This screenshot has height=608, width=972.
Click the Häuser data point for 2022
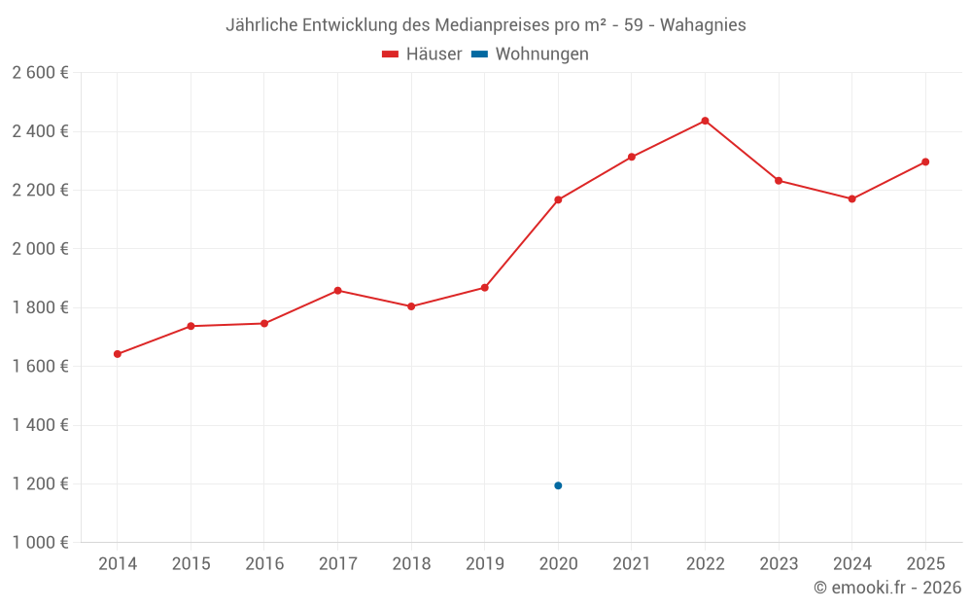tap(705, 121)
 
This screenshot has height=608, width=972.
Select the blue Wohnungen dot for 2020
tap(558, 485)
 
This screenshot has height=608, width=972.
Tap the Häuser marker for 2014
tap(118, 354)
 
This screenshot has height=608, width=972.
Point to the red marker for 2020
tap(558, 200)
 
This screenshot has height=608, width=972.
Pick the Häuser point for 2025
tap(925, 162)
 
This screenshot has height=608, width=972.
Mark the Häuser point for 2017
tap(337, 291)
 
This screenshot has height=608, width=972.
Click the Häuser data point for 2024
tap(851, 199)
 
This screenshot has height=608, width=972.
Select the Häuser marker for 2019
tap(484, 288)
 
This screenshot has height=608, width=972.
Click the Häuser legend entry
tap(423, 54)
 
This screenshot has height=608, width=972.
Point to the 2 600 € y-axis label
tap(40, 73)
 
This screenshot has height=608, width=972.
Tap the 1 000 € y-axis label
tap(40, 543)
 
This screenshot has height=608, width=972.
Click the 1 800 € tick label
tap(40, 307)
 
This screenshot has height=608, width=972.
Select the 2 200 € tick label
tap(40, 191)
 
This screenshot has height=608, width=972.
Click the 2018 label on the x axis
tap(411, 564)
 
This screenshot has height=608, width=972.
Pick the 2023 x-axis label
tap(779, 564)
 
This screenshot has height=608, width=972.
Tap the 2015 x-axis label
tap(191, 564)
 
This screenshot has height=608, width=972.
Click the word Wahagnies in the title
tap(703, 25)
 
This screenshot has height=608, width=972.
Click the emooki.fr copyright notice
tap(886, 588)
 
